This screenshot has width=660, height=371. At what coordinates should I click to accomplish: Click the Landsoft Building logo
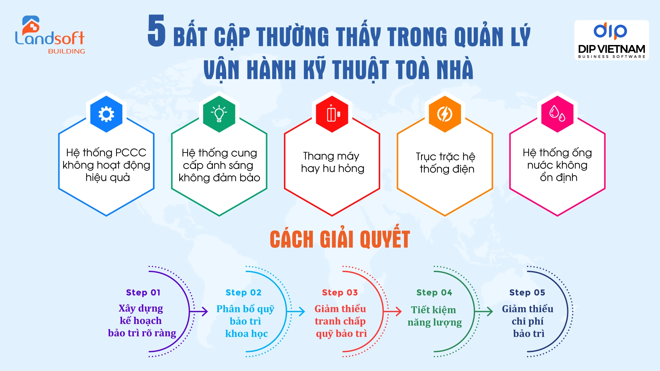tap(50, 35)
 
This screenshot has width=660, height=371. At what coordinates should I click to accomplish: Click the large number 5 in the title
tap(157, 31)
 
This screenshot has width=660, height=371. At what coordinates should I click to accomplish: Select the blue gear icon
tap(106, 114)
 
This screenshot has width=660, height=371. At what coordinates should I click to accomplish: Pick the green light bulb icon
tap(219, 114)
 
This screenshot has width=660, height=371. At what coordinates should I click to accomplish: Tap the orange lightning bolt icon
tap(444, 114)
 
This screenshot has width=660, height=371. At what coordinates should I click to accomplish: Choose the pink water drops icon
tap(557, 114)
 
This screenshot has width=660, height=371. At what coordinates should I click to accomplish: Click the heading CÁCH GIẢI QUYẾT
tap(340, 239)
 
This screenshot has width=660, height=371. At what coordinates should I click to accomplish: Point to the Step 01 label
tap(143, 293)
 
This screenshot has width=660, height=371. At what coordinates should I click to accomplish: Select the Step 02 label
tap(243, 293)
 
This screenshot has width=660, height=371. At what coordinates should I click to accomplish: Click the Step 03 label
tap(340, 293)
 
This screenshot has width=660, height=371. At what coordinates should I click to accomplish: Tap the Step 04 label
tap(434, 293)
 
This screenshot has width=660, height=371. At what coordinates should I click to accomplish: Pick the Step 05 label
tap(527, 293)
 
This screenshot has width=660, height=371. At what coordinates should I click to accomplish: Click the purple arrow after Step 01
tap(199, 312)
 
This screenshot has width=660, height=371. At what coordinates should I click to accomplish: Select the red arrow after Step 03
tap(393, 312)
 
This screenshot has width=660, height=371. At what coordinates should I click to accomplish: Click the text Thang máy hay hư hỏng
tap(332, 162)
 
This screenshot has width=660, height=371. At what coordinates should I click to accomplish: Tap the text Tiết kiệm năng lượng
tap(434, 316)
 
